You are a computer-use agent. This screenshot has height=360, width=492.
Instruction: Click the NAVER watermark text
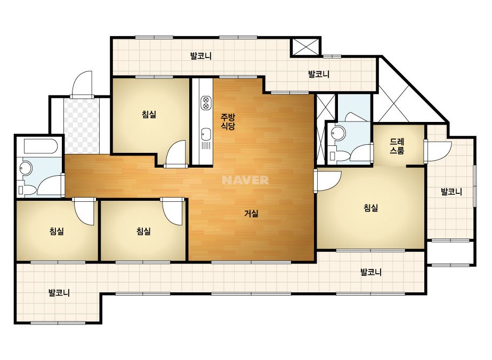[x=245, y=180]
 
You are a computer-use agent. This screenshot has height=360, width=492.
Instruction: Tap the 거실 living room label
[x=252, y=214]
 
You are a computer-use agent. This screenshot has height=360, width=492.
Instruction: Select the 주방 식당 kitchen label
[x=228, y=122]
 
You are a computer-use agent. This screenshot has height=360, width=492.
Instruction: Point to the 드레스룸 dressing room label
[x=397, y=146]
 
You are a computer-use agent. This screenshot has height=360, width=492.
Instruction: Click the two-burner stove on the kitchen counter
[x=206, y=103]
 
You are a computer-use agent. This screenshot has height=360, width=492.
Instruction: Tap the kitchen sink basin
[x=206, y=134]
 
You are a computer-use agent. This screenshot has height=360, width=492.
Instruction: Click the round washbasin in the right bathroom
[x=338, y=133]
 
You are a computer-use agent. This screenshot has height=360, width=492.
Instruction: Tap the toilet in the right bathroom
[x=340, y=155]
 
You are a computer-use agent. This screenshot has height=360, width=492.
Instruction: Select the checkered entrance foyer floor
[x=82, y=126]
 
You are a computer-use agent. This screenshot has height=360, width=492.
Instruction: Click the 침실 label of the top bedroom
[x=149, y=114]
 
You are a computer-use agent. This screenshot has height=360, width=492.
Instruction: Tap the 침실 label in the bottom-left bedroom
[x=57, y=232]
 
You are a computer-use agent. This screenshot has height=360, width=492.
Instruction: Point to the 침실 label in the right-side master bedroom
[x=371, y=208]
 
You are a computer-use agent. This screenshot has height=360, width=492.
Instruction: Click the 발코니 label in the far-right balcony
[x=451, y=191]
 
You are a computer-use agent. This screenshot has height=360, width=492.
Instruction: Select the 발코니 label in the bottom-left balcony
[x=59, y=293]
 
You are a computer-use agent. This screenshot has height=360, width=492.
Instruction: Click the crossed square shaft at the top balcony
[x=305, y=47]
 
